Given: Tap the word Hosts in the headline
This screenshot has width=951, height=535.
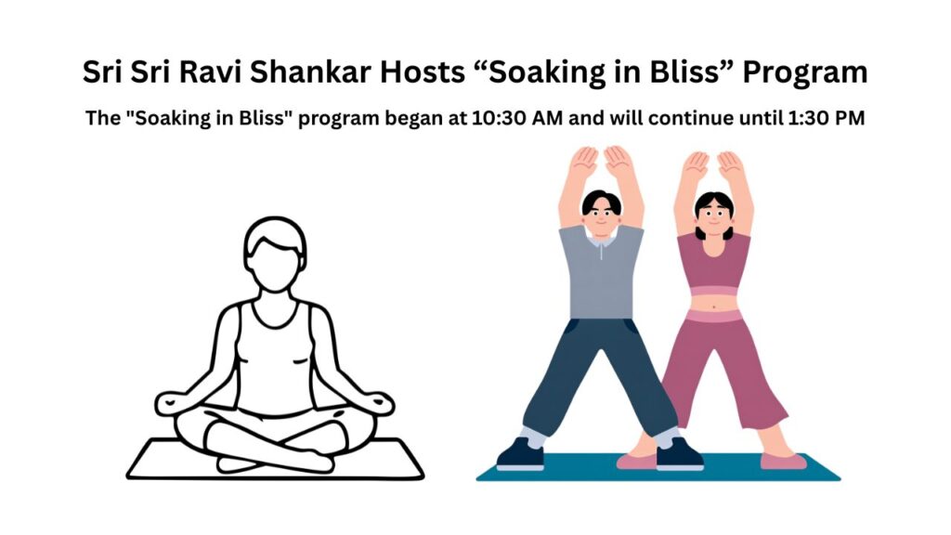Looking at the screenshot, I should (426, 72).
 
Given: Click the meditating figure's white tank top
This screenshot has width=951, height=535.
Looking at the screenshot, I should (275, 358).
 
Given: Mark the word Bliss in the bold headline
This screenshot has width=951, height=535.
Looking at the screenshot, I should (669, 72).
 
